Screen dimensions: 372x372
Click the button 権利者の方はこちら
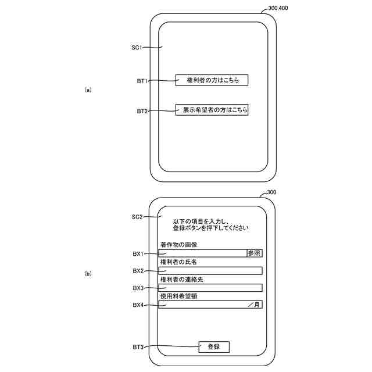point(212,81)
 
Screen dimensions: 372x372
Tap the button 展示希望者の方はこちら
point(212,109)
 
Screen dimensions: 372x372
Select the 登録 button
point(213,347)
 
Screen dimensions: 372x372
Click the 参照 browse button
point(255,253)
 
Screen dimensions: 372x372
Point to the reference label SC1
point(137,48)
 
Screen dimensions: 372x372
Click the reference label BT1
point(142,81)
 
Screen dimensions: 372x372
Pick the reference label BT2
point(142,110)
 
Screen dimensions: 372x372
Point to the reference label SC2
point(137,217)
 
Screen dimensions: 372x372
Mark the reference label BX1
point(138,254)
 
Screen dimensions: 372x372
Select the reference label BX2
point(138,271)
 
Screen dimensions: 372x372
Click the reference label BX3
point(138,288)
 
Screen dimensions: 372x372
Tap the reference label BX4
point(138,305)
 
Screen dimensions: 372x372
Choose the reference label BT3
point(138,348)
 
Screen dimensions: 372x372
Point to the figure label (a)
point(88,90)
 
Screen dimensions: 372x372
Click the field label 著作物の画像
point(178,245)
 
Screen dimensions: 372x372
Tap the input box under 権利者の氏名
point(210,271)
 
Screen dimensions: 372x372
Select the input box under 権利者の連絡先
point(210,288)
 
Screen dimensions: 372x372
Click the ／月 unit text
point(254,305)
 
